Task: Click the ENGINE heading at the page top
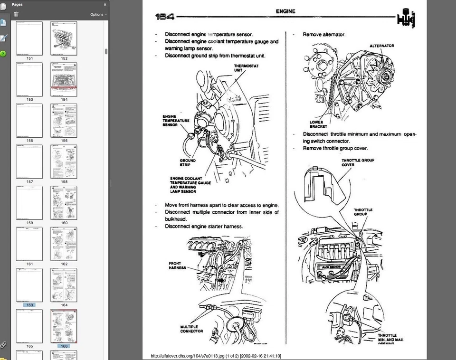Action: (285, 11)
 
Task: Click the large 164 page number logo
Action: (165, 17)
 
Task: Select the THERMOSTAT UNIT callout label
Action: (246, 68)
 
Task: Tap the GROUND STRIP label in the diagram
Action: (188, 163)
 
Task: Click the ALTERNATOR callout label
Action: (382, 46)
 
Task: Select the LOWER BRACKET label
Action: (319, 124)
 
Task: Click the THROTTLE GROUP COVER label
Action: (358, 162)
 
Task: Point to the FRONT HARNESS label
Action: (177, 265)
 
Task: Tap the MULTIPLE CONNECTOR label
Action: (191, 329)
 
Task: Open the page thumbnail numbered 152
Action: (64, 38)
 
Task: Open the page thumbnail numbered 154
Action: (64, 79)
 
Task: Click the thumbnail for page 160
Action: (64, 203)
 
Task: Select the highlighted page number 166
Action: (64, 346)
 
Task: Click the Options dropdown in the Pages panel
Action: (98, 14)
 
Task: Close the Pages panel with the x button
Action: (105, 4)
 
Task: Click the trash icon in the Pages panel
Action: (17, 14)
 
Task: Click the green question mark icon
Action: (3, 54)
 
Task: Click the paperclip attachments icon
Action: (3, 344)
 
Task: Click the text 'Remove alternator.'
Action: (324, 35)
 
